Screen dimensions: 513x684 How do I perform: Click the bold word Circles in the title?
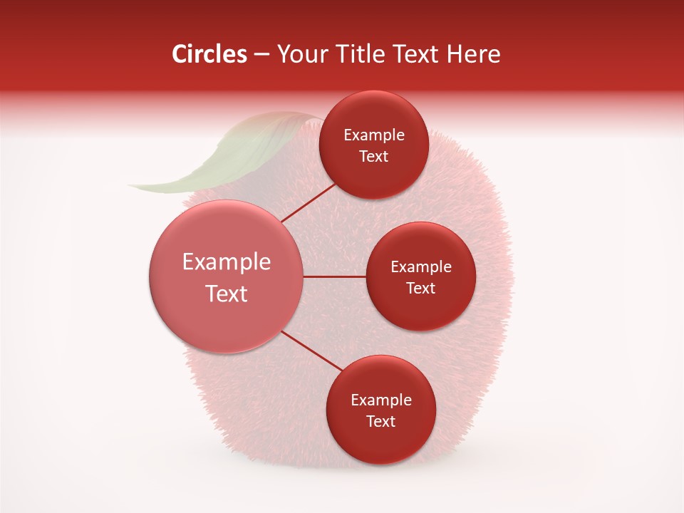pyautogui.click(x=209, y=54)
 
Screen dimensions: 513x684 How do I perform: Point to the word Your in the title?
pyautogui.click(x=301, y=54)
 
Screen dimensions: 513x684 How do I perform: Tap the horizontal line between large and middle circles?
pyautogui.click(x=335, y=276)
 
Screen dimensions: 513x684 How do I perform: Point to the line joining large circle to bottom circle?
pyautogui.click(x=312, y=351)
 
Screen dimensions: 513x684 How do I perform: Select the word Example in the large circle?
pyautogui.click(x=227, y=262)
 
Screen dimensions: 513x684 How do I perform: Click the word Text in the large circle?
pyautogui.click(x=227, y=294)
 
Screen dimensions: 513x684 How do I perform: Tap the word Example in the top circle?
pyautogui.click(x=374, y=135)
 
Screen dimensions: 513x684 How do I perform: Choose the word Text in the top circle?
pyautogui.click(x=374, y=157)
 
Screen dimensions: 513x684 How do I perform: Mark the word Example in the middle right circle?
pyautogui.click(x=421, y=267)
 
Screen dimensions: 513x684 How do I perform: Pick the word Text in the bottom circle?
pyautogui.click(x=381, y=422)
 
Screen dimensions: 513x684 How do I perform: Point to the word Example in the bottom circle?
pyautogui.click(x=381, y=400)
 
